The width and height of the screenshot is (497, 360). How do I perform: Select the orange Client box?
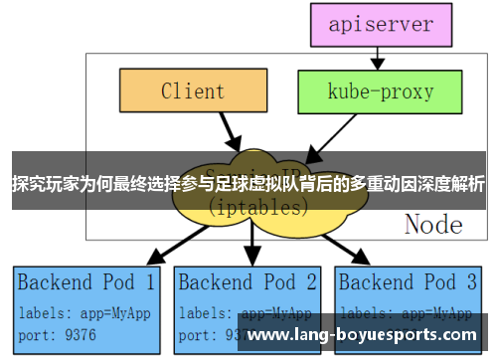point(193,92)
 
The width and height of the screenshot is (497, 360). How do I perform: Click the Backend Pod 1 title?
point(86,281)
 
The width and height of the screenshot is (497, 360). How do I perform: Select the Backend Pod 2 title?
point(248,281)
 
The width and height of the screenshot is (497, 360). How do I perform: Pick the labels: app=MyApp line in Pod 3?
point(408,311)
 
